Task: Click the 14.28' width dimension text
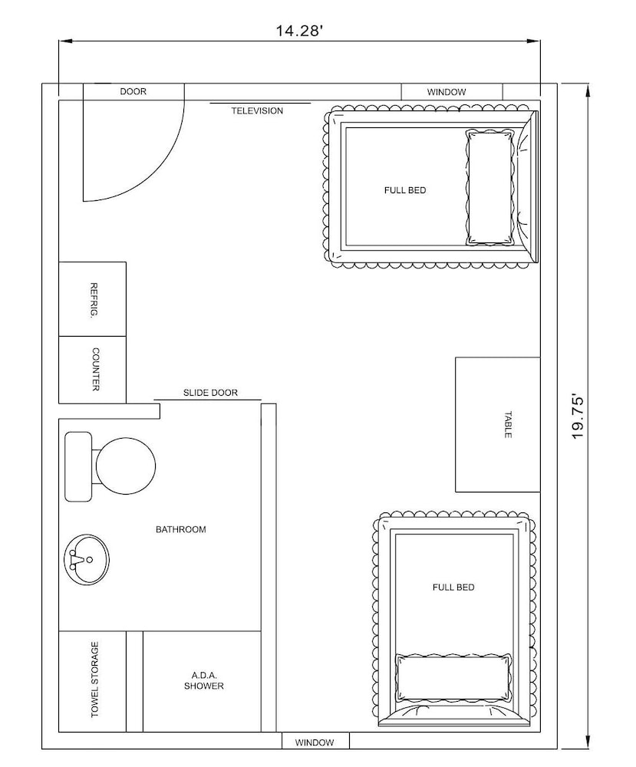(x=299, y=31)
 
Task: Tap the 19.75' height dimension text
(x=578, y=416)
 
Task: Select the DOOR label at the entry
(x=133, y=91)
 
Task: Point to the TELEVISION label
(x=257, y=111)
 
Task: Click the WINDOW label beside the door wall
(x=447, y=92)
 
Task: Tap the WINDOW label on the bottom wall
(x=315, y=742)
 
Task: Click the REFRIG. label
(x=94, y=301)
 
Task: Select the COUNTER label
(x=95, y=370)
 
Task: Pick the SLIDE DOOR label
(x=210, y=393)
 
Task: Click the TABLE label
(x=508, y=425)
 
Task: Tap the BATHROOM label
(x=180, y=529)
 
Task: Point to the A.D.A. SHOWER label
(x=204, y=681)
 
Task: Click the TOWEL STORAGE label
(x=94, y=680)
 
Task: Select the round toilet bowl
(x=126, y=466)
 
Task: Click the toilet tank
(x=78, y=466)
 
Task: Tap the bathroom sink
(x=87, y=558)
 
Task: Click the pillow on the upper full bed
(x=490, y=187)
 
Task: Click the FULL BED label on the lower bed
(x=453, y=587)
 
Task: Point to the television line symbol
(x=260, y=104)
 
